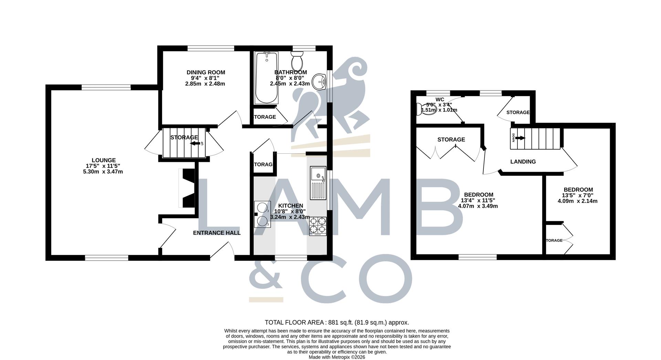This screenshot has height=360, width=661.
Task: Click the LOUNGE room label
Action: click(103, 160)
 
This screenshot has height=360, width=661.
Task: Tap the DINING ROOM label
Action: click(206, 72)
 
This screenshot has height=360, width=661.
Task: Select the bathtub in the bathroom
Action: click(266, 78)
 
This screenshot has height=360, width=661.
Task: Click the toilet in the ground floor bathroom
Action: click(297, 61)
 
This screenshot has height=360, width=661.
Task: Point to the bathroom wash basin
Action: click(320, 82)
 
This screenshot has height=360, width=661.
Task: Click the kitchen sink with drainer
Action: click(318, 183)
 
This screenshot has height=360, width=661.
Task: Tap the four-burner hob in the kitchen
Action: click(318, 226)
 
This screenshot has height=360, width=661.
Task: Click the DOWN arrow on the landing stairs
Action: click(520, 138)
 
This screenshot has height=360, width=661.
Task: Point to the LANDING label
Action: click(523, 162)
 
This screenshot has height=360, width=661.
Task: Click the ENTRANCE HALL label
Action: click(217, 233)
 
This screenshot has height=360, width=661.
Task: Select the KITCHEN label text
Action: click(291, 206)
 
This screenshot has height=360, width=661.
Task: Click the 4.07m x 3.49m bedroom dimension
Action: click(478, 206)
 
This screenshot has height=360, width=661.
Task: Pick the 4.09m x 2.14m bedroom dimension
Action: click(577, 201)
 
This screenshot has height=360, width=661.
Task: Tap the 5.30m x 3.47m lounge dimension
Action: click(103, 172)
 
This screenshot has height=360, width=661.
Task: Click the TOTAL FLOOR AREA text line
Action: click(337, 322)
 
